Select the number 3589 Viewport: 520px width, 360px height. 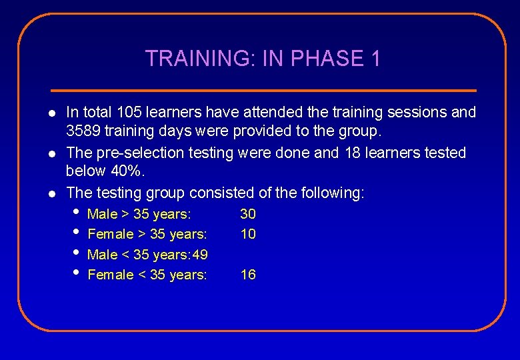[85, 132]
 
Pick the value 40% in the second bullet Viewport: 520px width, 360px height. [127, 173]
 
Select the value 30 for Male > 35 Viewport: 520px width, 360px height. [248, 214]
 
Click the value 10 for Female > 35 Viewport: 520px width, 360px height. [248, 234]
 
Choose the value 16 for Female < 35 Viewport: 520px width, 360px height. [248, 275]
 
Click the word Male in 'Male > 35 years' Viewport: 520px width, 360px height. [102, 214]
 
